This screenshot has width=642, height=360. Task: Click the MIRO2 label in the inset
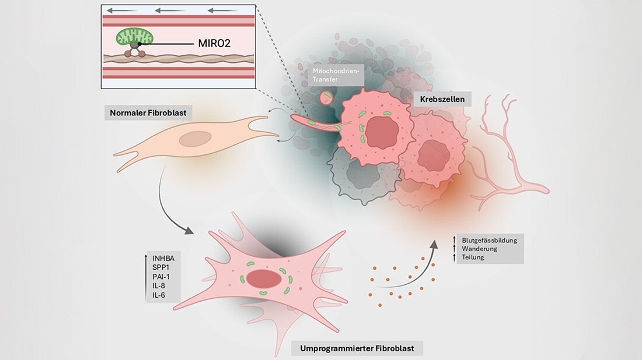click(216, 43)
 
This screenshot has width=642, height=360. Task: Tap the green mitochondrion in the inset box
click(132, 37)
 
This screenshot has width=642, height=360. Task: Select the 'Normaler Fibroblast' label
click(148, 113)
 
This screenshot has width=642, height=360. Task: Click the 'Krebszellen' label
click(442, 100)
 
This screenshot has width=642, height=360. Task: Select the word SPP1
click(160, 269)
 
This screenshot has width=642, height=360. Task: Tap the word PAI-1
click(161, 278)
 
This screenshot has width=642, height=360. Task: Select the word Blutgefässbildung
click(489, 240)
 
